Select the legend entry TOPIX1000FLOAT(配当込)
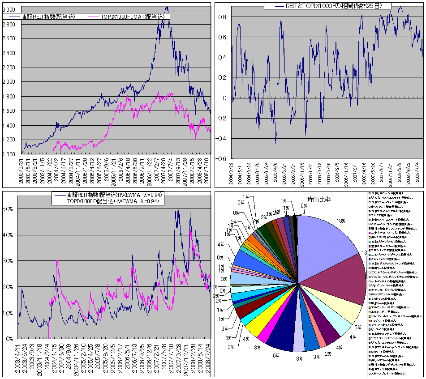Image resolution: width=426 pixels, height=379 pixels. pyautogui.click(x=133, y=17)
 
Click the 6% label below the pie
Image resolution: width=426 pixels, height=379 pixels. pyautogui.click(x=276, y=356)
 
